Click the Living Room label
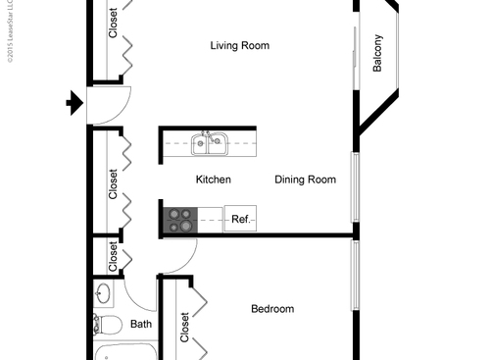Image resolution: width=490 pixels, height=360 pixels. pyautogui.click(x=240, y=45)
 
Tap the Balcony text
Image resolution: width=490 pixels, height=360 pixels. pyautogui.click(x=377, y=53)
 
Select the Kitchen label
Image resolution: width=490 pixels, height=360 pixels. pyautogui.click(x=213, y=180)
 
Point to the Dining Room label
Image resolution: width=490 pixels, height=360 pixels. pyautogui.click(x=305, y=180)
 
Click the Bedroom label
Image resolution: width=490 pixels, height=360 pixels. pyautogui.click(x=271, y=309)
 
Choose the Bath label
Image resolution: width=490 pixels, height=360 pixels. pyautogui.click(x=141, y=324)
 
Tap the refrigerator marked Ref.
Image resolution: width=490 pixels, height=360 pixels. pyautogui.click(x=240, y=220)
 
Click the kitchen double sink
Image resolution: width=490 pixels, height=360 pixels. pyautogui.click(x=209, y=145)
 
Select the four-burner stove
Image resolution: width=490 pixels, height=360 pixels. pyautogui.click(x=179, y=220)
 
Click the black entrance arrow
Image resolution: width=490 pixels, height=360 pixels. pyautogui.click(x=74, y=102)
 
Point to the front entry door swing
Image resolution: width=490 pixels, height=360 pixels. pyautogui.click(x=109, y=103)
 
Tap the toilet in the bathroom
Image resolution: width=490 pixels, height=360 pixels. pyautogui.click(x=107, y=325)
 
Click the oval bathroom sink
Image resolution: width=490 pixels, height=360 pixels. pyautogui.click(x=104, y=293)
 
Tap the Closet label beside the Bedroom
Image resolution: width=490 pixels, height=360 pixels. pyautogui.click(x=184, y=327)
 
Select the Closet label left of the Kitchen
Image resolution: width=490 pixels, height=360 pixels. pyautogui.click(x=113, y=183)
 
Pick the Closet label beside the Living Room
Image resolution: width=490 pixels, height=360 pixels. pyautogui.click(x=113, y=22)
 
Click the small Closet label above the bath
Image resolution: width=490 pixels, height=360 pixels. pyautogui.click(x=113, y=257)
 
